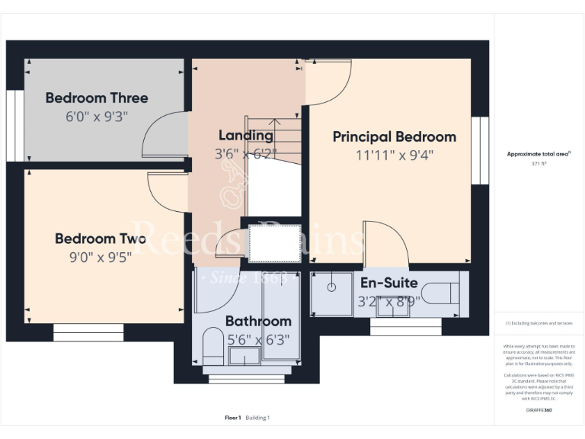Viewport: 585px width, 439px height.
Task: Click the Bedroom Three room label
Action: click(x=97, y=98)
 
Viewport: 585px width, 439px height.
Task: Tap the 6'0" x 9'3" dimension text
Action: click(x=97, y=117)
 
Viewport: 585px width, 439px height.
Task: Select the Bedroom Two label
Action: click(x=101, y=239)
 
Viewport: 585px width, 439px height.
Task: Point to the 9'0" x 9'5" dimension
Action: click(x=101, y=257)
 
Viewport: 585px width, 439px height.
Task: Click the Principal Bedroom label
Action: click(x=395, y=137)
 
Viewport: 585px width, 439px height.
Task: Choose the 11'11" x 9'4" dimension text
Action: click(x=395, y=155)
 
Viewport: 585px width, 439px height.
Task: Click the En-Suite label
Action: click(x=388, y=283)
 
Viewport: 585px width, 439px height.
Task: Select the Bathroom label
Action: click(x=258, y=321)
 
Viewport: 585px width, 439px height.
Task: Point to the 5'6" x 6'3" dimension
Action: click(x=258, y=339)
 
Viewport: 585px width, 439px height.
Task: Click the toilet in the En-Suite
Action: click(x=442, y=293)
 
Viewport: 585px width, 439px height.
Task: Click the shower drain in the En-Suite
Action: click(x=332, y=287)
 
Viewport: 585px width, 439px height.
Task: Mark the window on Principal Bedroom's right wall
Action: click(x=479, y=150)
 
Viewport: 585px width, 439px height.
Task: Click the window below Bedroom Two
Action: click(x=88, y=332)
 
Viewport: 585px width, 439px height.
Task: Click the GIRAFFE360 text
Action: click(x=539, y=411)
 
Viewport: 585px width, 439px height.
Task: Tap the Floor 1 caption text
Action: click(x=232, y=418)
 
